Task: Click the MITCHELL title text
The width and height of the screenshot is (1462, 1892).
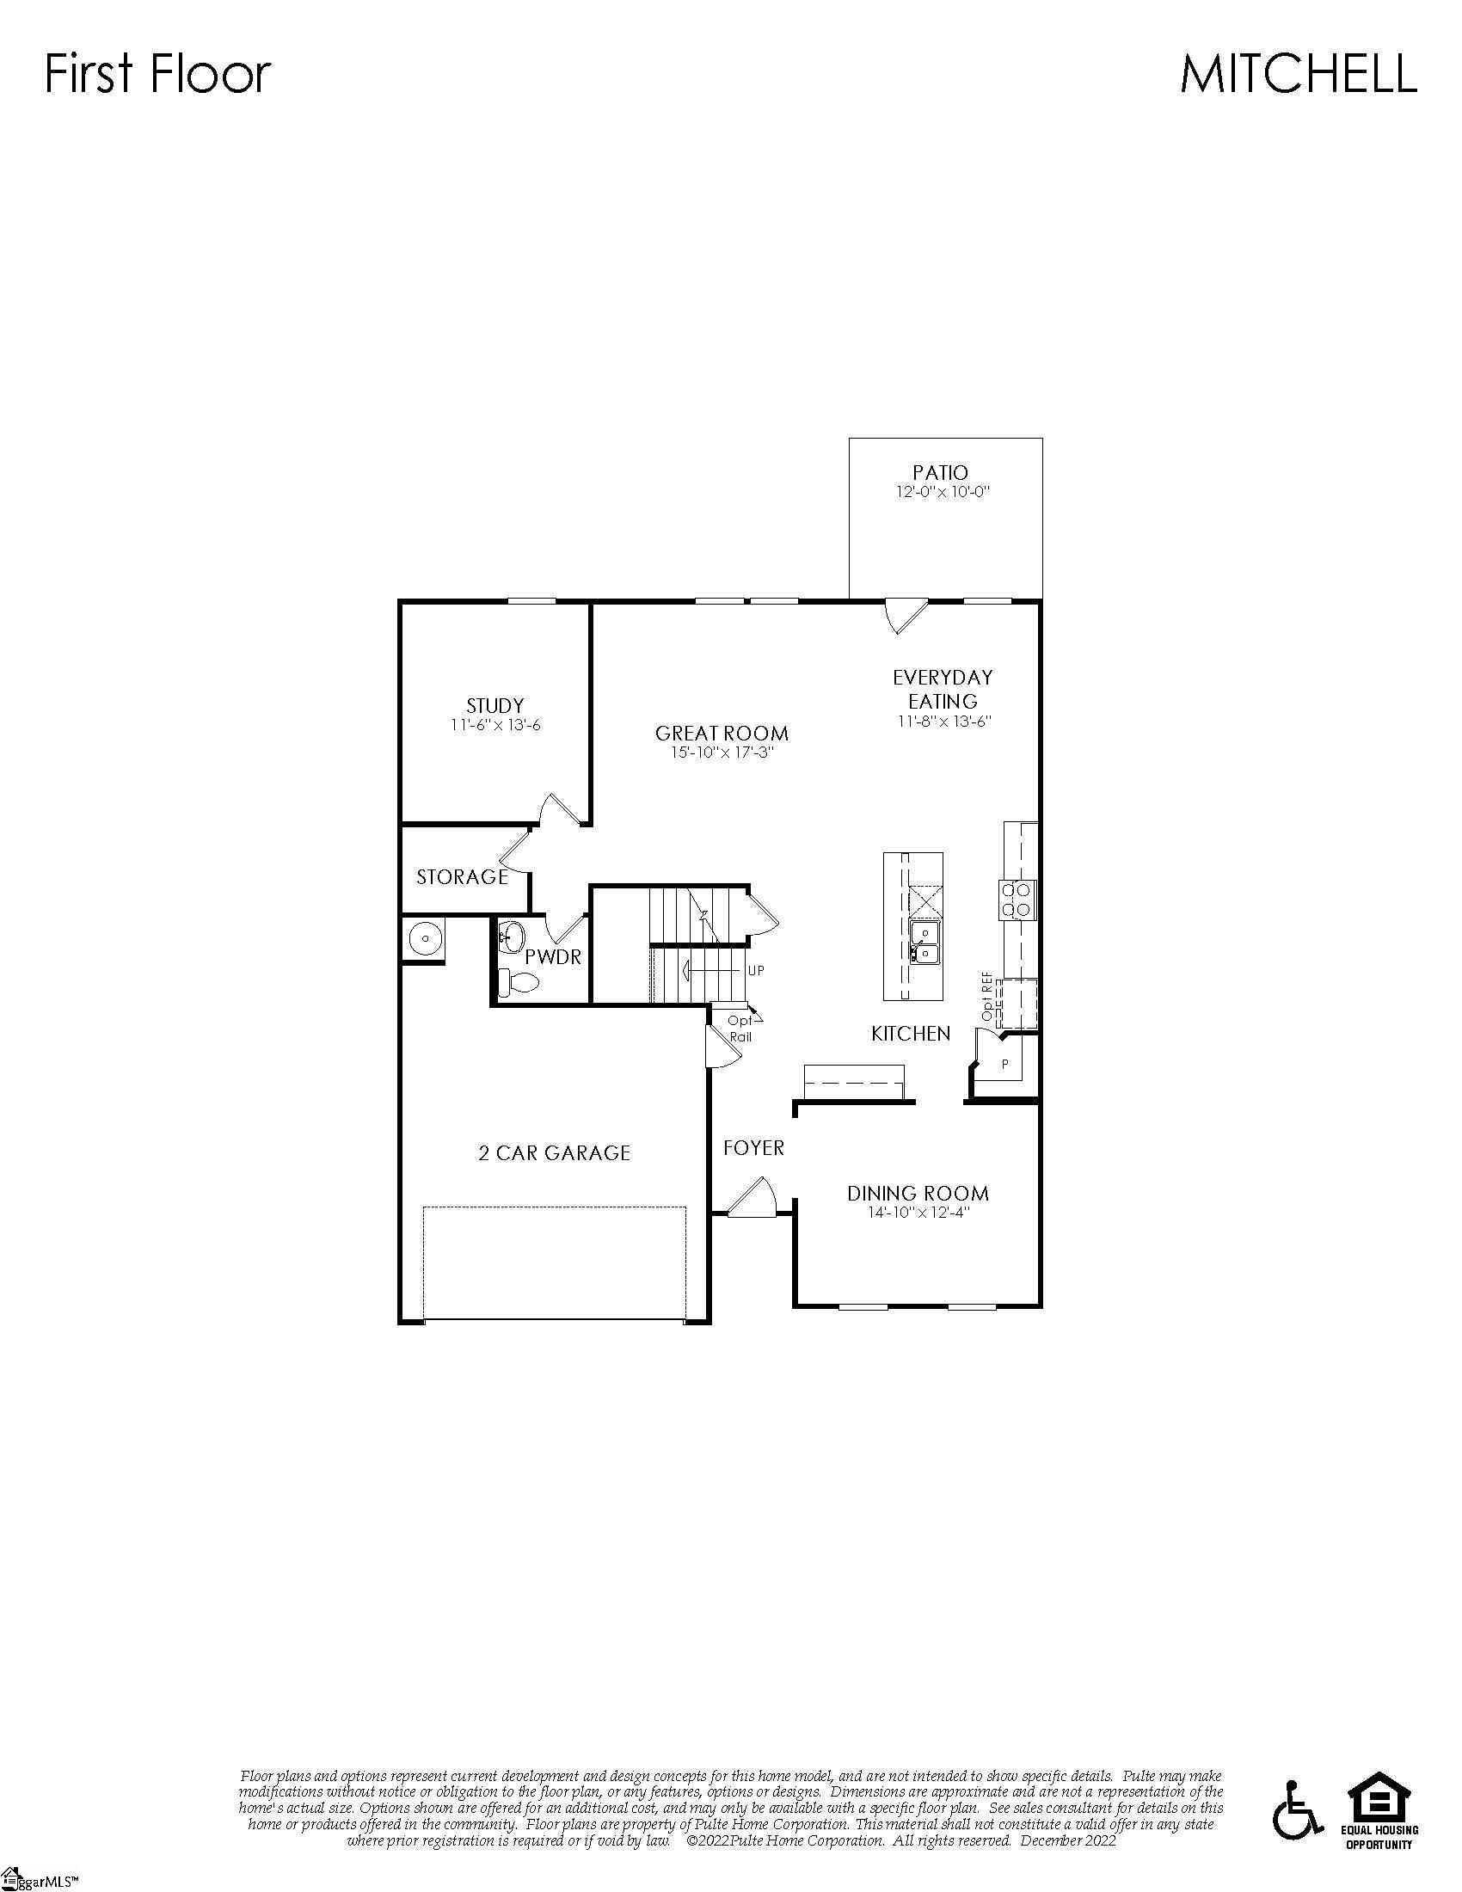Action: [x=1298, y=74]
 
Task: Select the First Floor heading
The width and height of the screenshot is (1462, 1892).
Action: [x=157, y=74]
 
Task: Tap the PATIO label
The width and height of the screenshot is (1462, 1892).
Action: [x=941, y=473]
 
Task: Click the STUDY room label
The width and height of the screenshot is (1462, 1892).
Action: [x=494, y=705]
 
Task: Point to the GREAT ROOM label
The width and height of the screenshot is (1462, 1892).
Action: [x=722, y=734]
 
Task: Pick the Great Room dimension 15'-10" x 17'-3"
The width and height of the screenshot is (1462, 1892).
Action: [x=722, y=752]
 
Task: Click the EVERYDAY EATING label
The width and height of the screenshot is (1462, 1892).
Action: [x=943, y=689]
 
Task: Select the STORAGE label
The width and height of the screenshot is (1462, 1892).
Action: [x=462, y=876]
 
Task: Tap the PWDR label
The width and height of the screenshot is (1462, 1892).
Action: [x=553, y=957]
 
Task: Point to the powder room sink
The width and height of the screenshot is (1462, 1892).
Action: [x=511, y=936]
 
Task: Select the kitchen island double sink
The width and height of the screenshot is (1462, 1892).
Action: [x=925, y=943]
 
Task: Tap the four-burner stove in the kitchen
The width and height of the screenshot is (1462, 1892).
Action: [x=1017, y=900]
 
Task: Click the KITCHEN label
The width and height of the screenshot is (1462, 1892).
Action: [x=910, y=1034]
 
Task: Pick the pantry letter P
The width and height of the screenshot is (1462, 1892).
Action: [x=1004, y=1064]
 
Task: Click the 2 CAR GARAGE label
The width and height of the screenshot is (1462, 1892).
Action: [x=555, y=1153]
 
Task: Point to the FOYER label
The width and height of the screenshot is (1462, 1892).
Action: [x=753, y=1148]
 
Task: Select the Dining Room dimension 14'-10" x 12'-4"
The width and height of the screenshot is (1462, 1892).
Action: [x=918, y=1213]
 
